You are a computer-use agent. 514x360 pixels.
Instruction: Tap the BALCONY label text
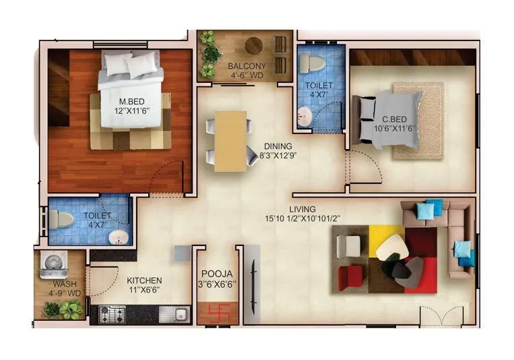coord(246,66)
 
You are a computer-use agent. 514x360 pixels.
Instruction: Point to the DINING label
coord(278,146)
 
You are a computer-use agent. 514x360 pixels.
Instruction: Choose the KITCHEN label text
coord(144,280)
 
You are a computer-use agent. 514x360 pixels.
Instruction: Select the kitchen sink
coord(181,313)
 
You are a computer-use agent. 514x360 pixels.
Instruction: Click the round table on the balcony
coord(254,46)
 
